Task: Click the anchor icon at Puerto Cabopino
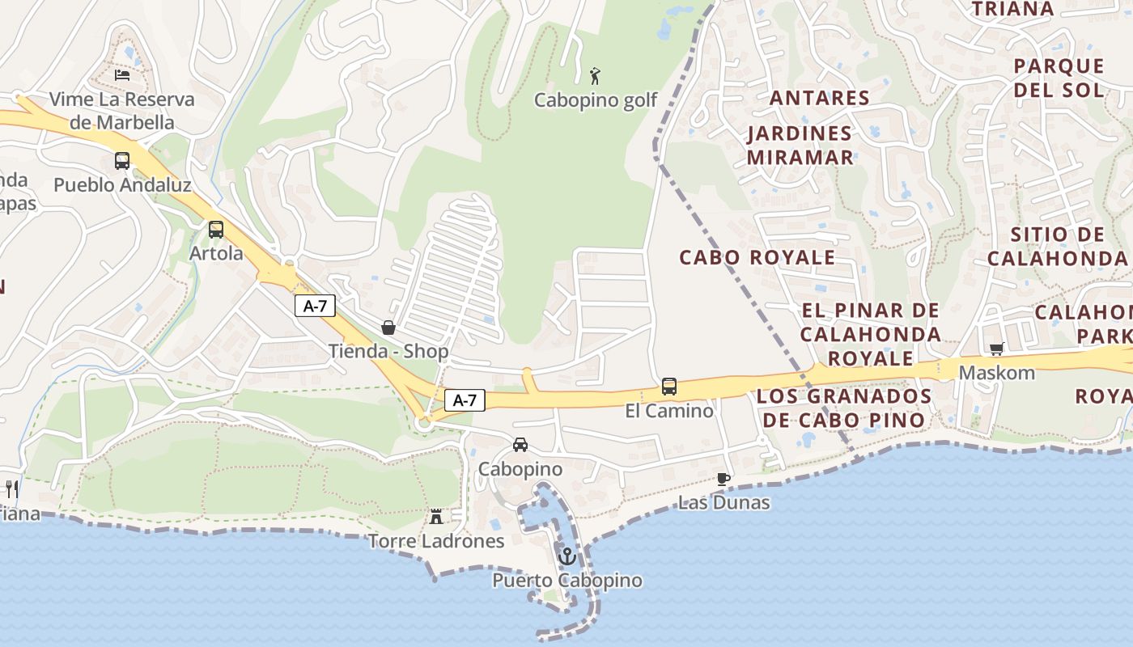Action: click(567, 556)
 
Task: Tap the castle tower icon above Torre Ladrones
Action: click(436, 516)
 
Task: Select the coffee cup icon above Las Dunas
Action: click(724, 479)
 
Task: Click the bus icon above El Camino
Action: click(669, 387)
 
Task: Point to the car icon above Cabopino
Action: click(520, 445)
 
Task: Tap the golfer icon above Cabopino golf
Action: click(596, 76)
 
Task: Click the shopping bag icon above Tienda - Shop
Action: click(388, 328)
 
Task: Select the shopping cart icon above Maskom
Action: click(996, 349)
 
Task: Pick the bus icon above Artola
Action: click(216, 229)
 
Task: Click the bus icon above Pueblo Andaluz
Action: click(122, 160)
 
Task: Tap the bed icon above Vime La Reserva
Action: click(122, 75)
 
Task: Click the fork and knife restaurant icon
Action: click(12, 488)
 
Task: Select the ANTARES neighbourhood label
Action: click(819, 99)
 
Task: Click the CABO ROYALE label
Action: click(757, 258)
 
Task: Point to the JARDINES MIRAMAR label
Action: click(800, 146)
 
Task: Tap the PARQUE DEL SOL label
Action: click(1059, 78)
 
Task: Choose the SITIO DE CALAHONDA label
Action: click(1057, 247)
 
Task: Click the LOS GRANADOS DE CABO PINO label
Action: click(844, 408)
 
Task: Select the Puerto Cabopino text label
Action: click(567, 581)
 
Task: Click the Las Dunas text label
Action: click(724, 502)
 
